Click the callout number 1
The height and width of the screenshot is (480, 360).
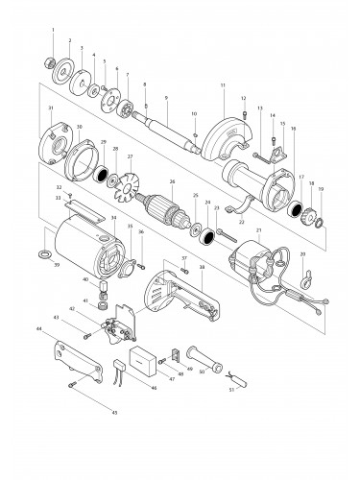click(52, 33)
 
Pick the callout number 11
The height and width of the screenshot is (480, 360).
click(222, 86)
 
